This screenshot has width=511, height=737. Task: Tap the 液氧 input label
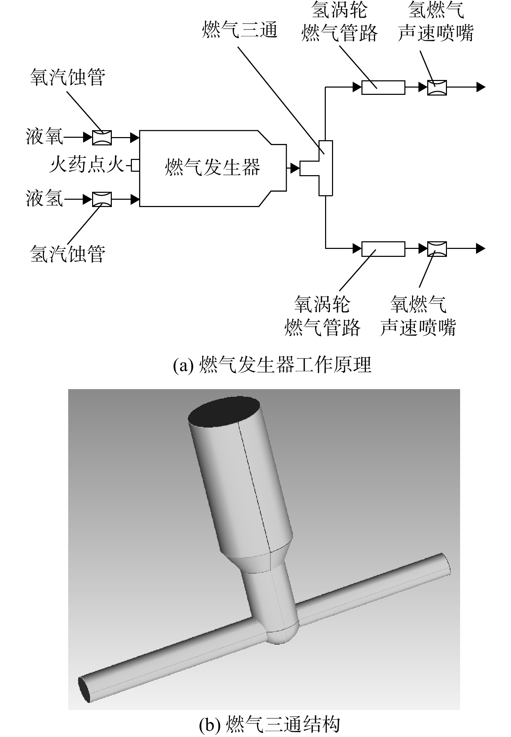tap(45, 137)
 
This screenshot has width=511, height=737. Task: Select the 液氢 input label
tap(45, 199)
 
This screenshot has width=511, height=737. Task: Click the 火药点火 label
tap(87, 165)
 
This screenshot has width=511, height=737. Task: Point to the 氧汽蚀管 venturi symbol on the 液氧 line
tap(102, 137)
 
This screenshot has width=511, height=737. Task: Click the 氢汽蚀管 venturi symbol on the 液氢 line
tap(102, 199)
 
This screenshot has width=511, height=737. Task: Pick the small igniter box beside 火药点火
tap(135, 165)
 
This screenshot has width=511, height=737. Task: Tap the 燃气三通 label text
tap(240, 29)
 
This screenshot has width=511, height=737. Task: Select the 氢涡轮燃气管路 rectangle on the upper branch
tap(383, 87)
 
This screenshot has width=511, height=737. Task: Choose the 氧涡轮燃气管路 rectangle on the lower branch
tap(383, 249)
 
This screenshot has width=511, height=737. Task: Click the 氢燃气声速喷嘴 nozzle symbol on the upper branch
tap(437, 87)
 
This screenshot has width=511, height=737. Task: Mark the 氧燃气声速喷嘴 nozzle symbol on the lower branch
tap(437, 249)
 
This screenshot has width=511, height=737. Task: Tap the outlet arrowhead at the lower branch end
tap(481, 248)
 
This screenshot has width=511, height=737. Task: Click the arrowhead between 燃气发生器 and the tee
tap(295, 168)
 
